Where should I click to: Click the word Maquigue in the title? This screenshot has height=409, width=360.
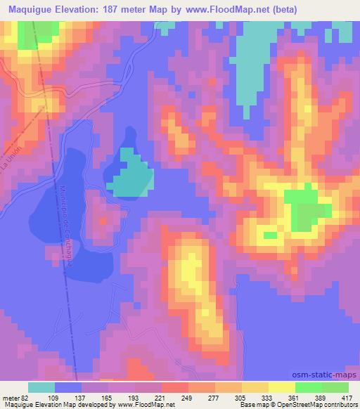coord(29,10)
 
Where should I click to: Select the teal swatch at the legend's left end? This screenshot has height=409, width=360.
coord(41,387)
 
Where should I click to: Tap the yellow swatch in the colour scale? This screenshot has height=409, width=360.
coord(281,387)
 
